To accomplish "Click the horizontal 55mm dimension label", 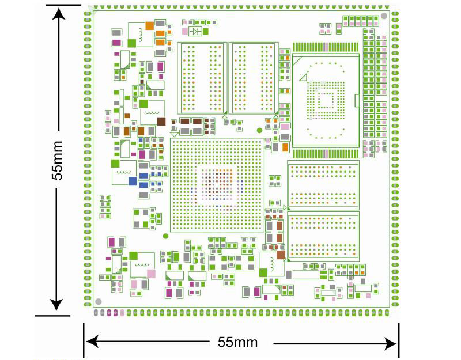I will [x=237, y=342].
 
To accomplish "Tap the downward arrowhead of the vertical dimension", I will [x=56, y=305].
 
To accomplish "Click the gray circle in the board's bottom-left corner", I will [x=99, y=301].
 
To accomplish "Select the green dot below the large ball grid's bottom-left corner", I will [x=166, y=236].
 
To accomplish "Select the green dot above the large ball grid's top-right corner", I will [x=259, y=131].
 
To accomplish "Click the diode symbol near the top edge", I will [x=197, y=31].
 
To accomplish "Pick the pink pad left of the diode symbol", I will [x=184, y=31].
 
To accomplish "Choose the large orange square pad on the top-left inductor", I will [x=149, y=25].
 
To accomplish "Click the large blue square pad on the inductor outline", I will [x=133, y=181].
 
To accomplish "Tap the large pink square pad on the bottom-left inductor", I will [x=151, y=273].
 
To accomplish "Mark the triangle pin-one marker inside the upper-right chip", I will [x=303, y=77].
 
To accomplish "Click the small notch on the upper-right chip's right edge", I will [x=357, y=103].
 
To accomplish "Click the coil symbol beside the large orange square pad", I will [x=139, y=35].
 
